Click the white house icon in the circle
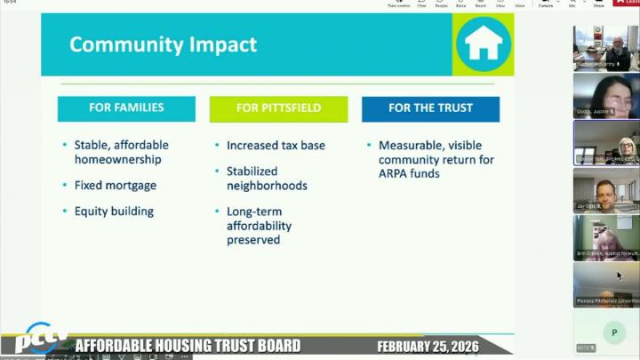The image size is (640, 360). click(x=484, y=44)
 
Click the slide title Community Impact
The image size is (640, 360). click(x=163, y=44)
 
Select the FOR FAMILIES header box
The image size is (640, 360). click(x=126, y=108)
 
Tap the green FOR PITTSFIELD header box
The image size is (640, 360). click(x=278, y=108)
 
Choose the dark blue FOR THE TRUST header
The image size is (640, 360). click(x=430, y=108)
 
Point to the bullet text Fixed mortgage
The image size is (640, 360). click(x=116, y=186)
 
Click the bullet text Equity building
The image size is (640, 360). click(x=114, y=212)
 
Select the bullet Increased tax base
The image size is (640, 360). click(x=276, y=145)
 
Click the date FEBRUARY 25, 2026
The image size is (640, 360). click(x=428, y=346)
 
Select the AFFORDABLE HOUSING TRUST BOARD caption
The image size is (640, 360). click(x=188, y=346)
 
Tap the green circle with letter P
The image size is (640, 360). click(x=613, y=333)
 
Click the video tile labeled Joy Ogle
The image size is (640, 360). click(x=605, y=190)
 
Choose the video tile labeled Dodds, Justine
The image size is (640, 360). click(x=605, y=95)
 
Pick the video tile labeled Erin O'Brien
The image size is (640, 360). click(x=605, y=237)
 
